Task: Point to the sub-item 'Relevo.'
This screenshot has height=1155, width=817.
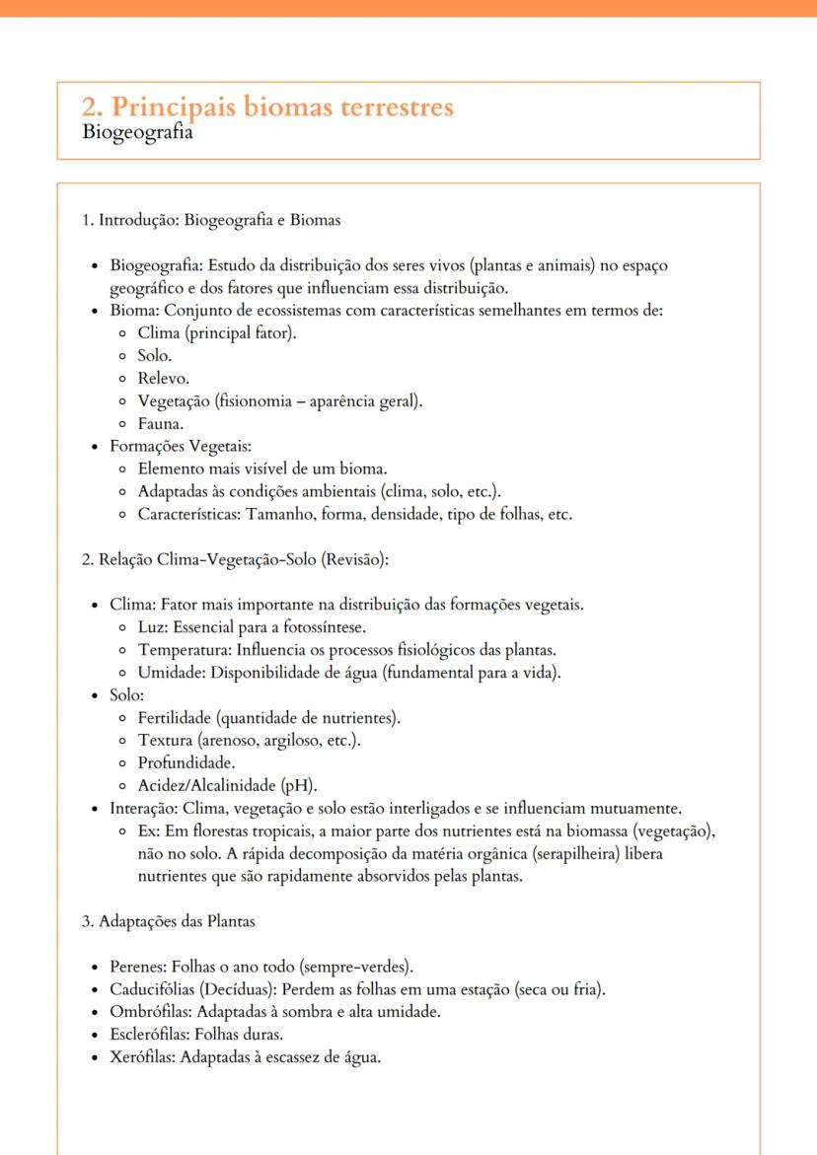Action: [x=164, y=378]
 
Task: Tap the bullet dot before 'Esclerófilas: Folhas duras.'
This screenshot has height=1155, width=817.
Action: [x=93, y=1036]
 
